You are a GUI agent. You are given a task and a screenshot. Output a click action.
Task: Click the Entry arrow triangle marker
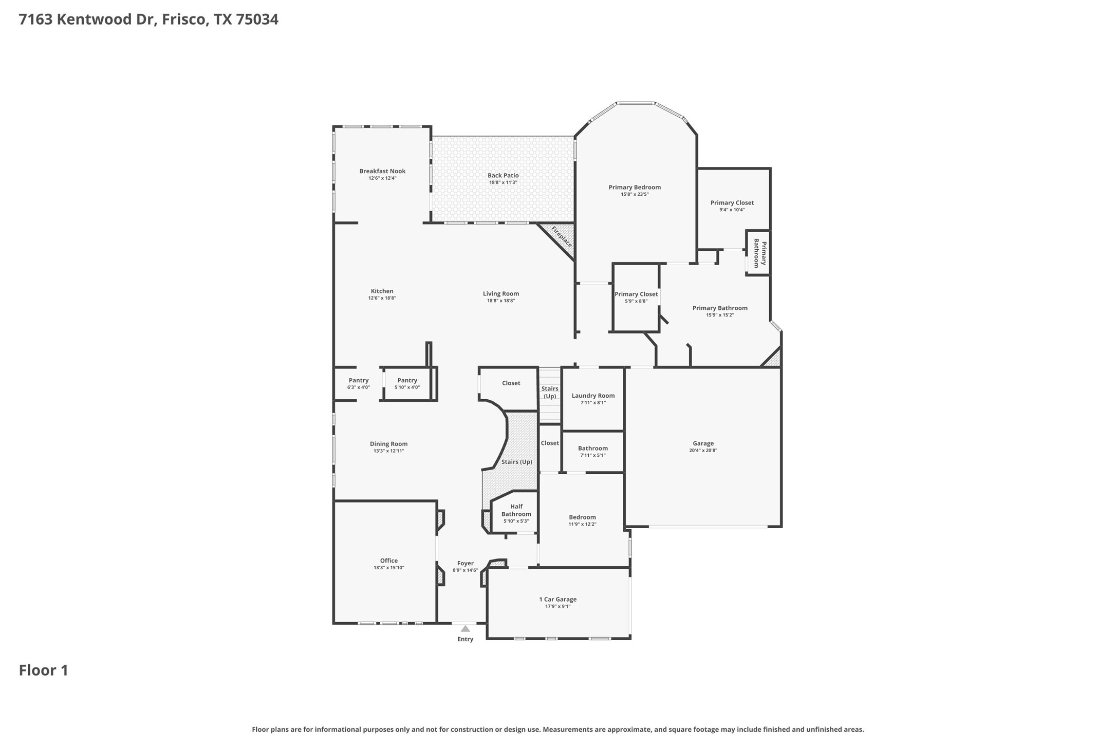(x=465, y=628)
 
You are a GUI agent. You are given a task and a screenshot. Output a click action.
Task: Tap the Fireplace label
(x=561, y=237)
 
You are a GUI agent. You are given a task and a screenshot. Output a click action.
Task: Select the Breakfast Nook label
(x=382, y=171)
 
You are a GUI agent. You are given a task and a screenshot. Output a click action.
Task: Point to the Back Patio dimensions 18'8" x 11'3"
(x=503, y=182)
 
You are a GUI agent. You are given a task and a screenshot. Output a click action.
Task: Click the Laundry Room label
(x=593, y=396)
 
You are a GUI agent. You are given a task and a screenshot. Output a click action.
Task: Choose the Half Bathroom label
(x=516, y=510)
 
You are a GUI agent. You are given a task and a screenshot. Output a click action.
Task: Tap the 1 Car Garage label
(x=557, y=599)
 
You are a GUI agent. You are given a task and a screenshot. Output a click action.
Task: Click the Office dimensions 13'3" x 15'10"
(x=389, y=568)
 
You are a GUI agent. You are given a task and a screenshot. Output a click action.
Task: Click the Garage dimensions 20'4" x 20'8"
(x=703, y=451)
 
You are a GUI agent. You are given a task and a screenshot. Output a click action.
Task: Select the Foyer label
(x=465, y=563)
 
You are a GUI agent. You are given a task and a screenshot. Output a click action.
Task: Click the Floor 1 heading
(x=44, y=671)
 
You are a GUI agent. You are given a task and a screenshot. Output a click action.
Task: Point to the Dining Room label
(x=388, y=444)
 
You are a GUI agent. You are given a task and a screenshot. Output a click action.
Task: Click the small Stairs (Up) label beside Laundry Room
(x=550, y=393)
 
